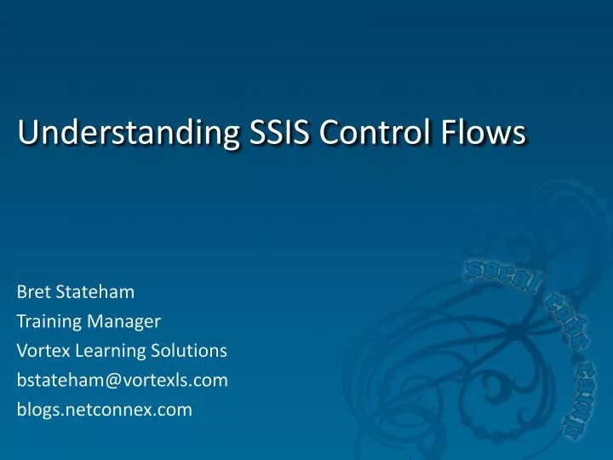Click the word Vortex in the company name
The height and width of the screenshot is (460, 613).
pos(40,351)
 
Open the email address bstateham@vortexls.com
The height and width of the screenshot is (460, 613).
pos(122,380)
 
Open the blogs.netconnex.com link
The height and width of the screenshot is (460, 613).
pos(104,410)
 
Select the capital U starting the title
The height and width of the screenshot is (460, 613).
pos(26,134)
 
